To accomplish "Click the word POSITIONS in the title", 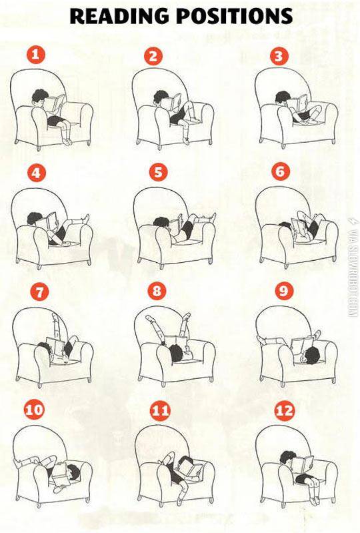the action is click(234, 15).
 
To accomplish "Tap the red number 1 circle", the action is click(36, 55).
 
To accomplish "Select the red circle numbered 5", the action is click(158, 171).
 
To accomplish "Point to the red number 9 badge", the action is click(283, 291).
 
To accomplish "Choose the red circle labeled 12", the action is click(284, 411).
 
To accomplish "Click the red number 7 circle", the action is click(39, 292).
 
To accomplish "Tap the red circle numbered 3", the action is click(279, 56).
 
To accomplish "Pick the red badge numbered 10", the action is click(34, 410).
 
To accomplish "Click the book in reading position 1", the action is click(55, 103).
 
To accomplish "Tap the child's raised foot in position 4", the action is click(86, 219).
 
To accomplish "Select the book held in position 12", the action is click(303, 463).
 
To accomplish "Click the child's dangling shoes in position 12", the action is click(315, 500).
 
